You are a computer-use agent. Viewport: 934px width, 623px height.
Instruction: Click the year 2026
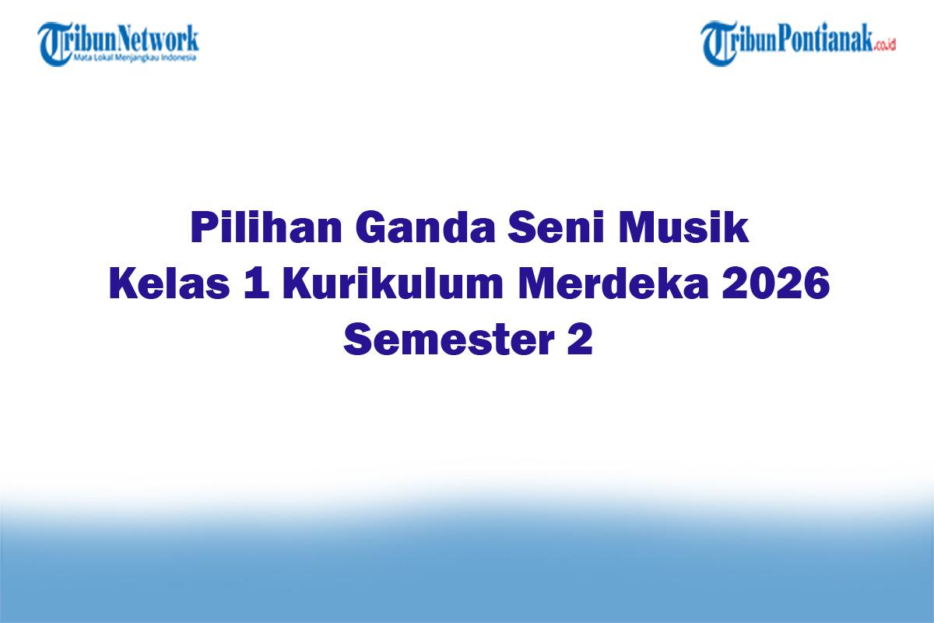click(775, 285)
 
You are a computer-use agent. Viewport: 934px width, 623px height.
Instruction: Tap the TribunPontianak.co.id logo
click(798, 43)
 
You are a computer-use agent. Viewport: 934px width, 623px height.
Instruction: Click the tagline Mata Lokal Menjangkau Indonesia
click(134, 57)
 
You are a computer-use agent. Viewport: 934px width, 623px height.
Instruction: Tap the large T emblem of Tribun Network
click(54, 43)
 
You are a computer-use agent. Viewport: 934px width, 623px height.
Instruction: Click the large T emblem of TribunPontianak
click(718, 43)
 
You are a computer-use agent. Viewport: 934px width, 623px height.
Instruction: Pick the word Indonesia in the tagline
click(181, 57)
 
